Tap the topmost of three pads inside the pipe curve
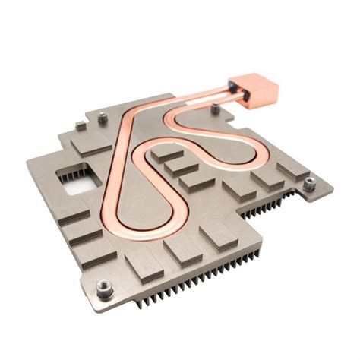(164, 153)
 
